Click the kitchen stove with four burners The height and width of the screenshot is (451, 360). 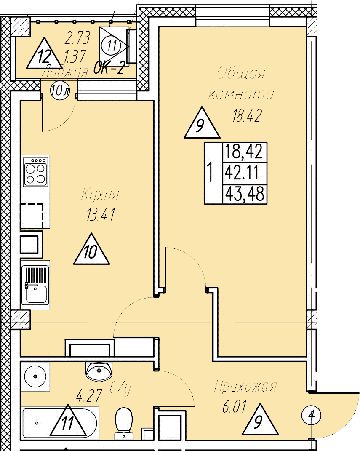[x=35, y=171]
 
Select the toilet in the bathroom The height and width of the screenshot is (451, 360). [x=124, y=419]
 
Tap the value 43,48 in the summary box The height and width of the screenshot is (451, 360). [x=244, y=194]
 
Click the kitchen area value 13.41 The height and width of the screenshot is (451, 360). [x=101, y=216]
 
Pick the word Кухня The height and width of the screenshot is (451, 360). [x=100, y=195]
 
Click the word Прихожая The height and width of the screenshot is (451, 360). [x=245, y=387]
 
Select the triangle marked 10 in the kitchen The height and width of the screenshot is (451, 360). [x=91, y=251]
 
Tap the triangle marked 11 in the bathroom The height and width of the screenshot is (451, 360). [x=68, y=422]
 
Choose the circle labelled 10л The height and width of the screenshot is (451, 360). [x=60, y=90]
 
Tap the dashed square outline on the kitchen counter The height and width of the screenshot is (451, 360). [x=32, y=216]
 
